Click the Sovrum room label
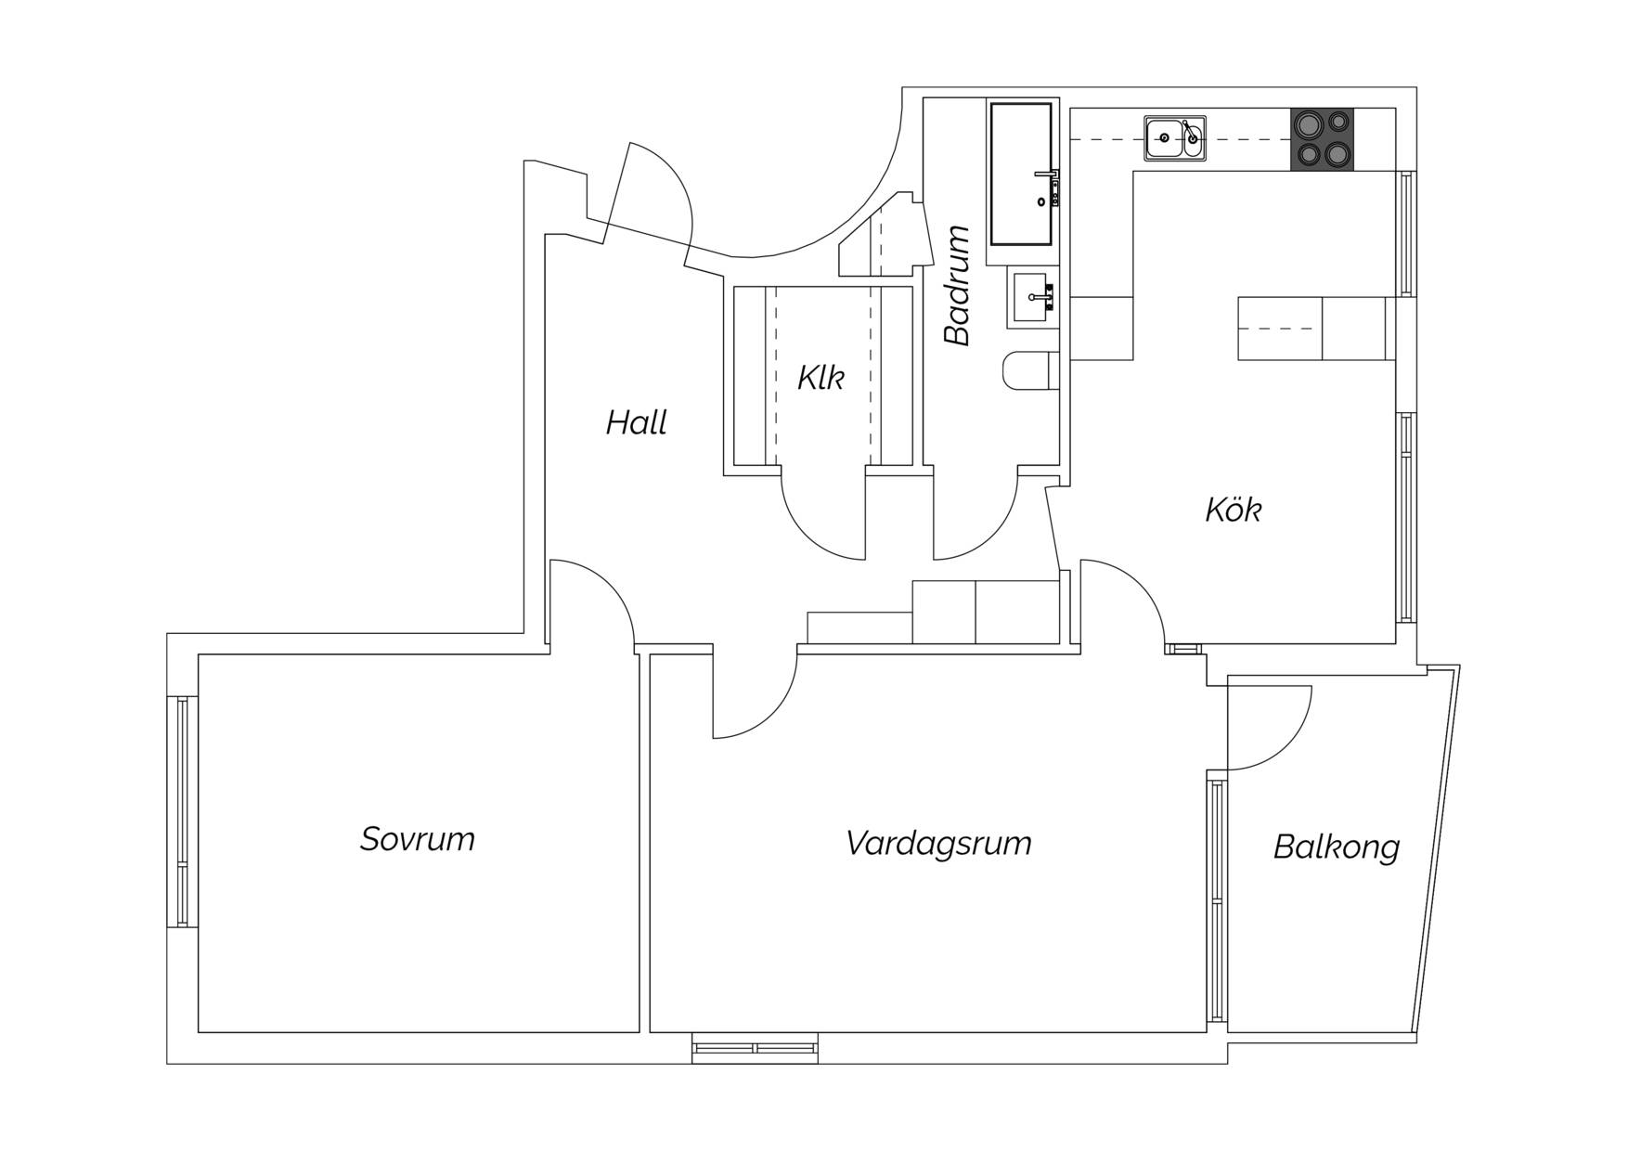418,839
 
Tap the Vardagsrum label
938,844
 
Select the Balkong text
1337,847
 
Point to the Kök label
1234,510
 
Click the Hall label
637,423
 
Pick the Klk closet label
821,378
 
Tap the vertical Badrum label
957,285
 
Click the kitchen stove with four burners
1322,139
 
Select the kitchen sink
1175,138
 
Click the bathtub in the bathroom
1022,174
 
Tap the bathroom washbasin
1031,298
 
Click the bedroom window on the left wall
182,811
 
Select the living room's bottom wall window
756,1048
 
